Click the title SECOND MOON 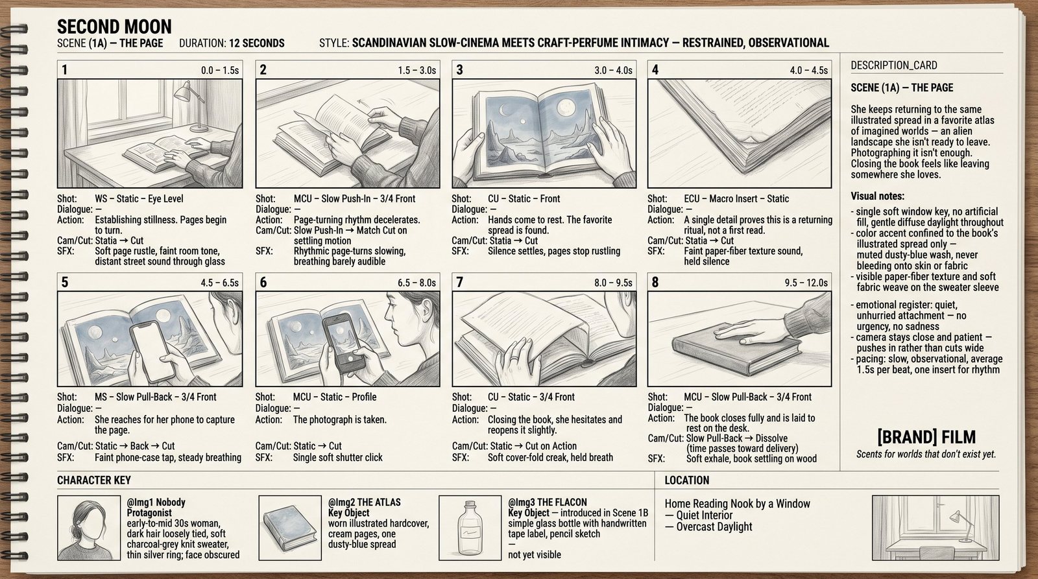[114, 27]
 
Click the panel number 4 [655, 70]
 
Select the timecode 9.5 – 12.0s [806, 283]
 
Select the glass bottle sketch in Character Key [470, 528]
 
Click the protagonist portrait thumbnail [89, 528]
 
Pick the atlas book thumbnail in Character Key [290, 528]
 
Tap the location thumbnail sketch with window [935, 528]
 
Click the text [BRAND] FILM [926, 437]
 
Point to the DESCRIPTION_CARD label [894, 65]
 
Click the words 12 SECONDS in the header [257, 43]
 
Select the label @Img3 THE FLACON [548, 502]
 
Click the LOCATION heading [687, 480]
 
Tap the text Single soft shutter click [338, 458]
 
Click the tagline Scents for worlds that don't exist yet [926, 455]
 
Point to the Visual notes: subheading [877, 196]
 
